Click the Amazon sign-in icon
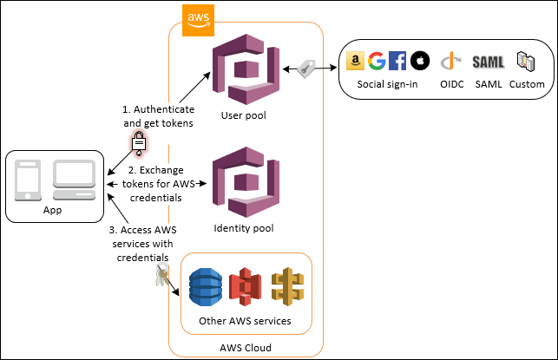(354, 61)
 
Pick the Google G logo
(376, 61)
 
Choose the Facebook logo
(397, 61)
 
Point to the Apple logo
(419, 61)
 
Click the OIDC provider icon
(449, 62)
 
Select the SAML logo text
(489, 62)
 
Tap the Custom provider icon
(526, 61)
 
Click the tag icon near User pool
(306, 69)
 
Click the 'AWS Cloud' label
(246, 347)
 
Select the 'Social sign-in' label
(387, 84)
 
